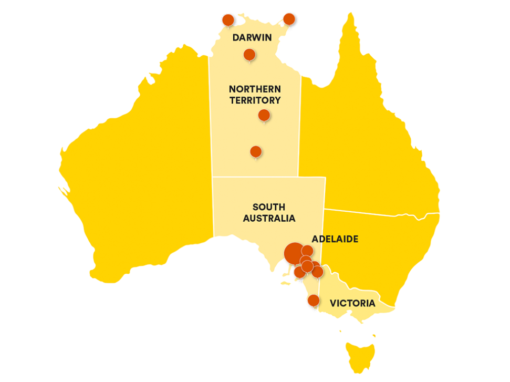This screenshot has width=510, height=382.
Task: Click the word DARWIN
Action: (252, 38)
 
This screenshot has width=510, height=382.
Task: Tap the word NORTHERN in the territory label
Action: (255, 89)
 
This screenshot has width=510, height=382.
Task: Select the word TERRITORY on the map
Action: (255, 100)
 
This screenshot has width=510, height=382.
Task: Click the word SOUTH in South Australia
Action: (268, 207)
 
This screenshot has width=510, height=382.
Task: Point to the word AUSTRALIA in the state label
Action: (269, 218)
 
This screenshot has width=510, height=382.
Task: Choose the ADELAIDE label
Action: (335, 239)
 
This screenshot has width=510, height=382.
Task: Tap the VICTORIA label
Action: (352, 303)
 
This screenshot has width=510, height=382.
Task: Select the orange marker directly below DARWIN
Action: (249, 54)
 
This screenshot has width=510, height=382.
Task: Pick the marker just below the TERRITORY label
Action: (264, 115)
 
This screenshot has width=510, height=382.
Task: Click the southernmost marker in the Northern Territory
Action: (256, 152)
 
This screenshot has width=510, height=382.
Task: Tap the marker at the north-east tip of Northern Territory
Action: (289, 19)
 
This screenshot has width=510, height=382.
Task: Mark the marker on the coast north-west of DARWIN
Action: (228, 20)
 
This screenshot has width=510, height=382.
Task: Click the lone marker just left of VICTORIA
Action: (314, 301)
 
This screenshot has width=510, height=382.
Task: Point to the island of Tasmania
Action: (360, 354)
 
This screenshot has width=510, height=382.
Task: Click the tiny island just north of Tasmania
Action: (374, 335)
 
